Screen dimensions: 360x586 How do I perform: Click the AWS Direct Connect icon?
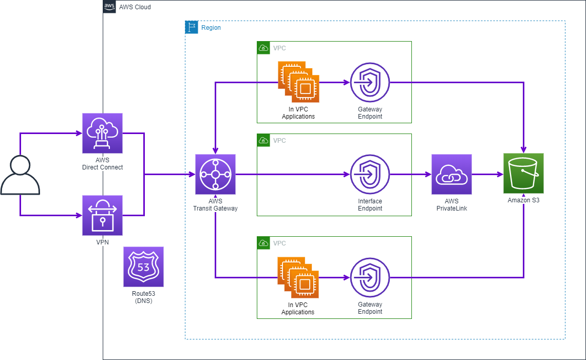[x=102, y=134]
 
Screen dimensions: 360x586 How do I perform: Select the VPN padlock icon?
[x=102, y=216]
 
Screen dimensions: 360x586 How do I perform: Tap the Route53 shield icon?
[x=143, y=267]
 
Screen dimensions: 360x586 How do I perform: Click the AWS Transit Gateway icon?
[x=215, y=175]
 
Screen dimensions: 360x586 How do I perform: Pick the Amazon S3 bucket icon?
[x=523, y=174]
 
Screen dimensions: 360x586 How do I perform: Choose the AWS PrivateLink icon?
[x=451, y=175]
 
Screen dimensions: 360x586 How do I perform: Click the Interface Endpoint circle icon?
[x=370, y=175]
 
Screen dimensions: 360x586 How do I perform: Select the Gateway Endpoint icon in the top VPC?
[x=370, y=82]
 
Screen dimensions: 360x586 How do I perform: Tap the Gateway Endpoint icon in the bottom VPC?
[x=370, y=277]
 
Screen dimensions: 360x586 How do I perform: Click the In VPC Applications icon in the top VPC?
[x=298, y=82]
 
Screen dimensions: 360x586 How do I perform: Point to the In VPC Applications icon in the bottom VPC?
[x=298, y=278]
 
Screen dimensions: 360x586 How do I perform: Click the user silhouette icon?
[x=20, y=176]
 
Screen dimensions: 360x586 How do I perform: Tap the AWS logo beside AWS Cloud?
[x=109, y=7]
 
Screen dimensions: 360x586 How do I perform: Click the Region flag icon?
[x=192, y=27]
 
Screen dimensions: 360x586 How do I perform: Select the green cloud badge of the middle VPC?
[x=263, y=140]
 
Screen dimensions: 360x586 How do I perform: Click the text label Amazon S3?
[x=523, y=201]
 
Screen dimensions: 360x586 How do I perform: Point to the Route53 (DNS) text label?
[x=143, y=297]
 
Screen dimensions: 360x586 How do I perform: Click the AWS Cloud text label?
[x=135, y=7]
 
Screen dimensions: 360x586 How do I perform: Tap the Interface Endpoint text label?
[x=370, y=205]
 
